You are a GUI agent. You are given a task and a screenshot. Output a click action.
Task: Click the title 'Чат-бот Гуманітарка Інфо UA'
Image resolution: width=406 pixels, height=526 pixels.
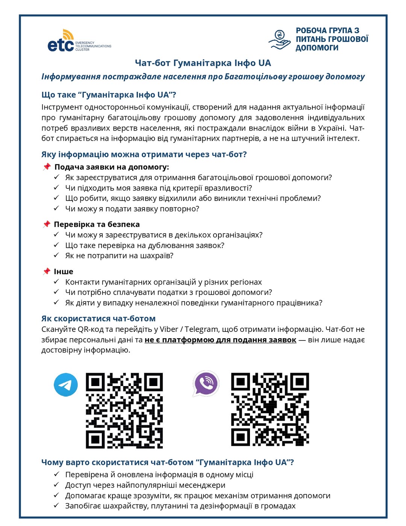click(x=203, y=63)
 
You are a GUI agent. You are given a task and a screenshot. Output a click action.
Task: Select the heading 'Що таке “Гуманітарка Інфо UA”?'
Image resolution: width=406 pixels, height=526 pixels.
click(x=109, y=95)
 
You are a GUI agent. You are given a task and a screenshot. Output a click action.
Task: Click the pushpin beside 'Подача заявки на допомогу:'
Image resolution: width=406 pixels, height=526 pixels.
click(x=47, y=167)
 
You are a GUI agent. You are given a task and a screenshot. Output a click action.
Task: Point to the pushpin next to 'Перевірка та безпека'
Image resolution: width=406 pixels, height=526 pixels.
click(x=47, y=224)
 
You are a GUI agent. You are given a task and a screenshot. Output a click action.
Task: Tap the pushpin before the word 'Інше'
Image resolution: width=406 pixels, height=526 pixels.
click(x=47, y=271)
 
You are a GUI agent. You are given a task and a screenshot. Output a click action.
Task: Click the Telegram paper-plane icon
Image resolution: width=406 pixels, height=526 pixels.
click(x=66, y=385)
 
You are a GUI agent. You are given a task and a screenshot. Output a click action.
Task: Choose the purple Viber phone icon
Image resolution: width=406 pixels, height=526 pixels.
click(x=206, y=383)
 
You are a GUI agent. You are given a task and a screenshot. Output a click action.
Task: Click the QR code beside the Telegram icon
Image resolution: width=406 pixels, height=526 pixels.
click(x=124, y=410)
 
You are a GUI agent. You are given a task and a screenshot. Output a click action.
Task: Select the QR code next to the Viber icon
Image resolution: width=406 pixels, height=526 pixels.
click(x=270, y=409)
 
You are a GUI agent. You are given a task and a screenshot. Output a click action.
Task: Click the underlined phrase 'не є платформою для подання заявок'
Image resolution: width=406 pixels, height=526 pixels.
click(x=220, y=340)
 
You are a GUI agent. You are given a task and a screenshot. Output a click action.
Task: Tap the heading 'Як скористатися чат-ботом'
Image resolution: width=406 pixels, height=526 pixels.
click(x=98, y=319)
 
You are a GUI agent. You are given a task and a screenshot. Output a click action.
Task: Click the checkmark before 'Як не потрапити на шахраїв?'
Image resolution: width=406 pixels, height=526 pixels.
click(x=56, y=255)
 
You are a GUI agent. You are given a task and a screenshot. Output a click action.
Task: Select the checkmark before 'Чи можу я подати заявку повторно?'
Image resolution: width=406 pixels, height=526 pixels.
click(x=56, y=208)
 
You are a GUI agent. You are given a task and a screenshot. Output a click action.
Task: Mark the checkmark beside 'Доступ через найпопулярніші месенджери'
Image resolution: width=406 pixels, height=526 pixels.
click(x=56, y=485)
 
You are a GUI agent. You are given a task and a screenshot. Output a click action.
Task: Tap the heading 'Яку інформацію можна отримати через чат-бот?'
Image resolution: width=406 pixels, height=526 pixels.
click(x=144, y=154)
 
